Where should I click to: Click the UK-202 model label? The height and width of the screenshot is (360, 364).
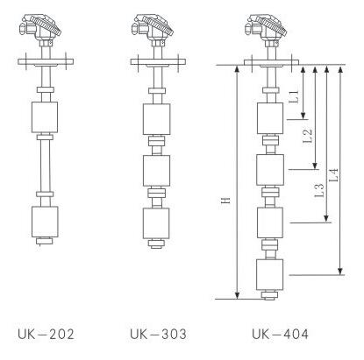pyautogui.click(x=46, y=334)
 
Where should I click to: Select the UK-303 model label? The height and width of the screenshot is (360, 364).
pyautogui.click(x=158, y=334)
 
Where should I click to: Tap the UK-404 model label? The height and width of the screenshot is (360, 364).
pyautogui.click(x=280, y=334)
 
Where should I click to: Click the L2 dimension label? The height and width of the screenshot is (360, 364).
pyautogui.click(x=307, y=136)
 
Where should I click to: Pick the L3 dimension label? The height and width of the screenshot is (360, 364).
pyautogui.click(x=319, y=190)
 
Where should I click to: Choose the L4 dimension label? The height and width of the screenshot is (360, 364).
pyautogui.click(x=333, y=175)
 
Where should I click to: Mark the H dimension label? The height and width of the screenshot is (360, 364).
pyautogui.click(x=225, y=201)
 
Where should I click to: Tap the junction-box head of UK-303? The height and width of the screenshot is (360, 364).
pyautogui.click(x=152, y=29)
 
